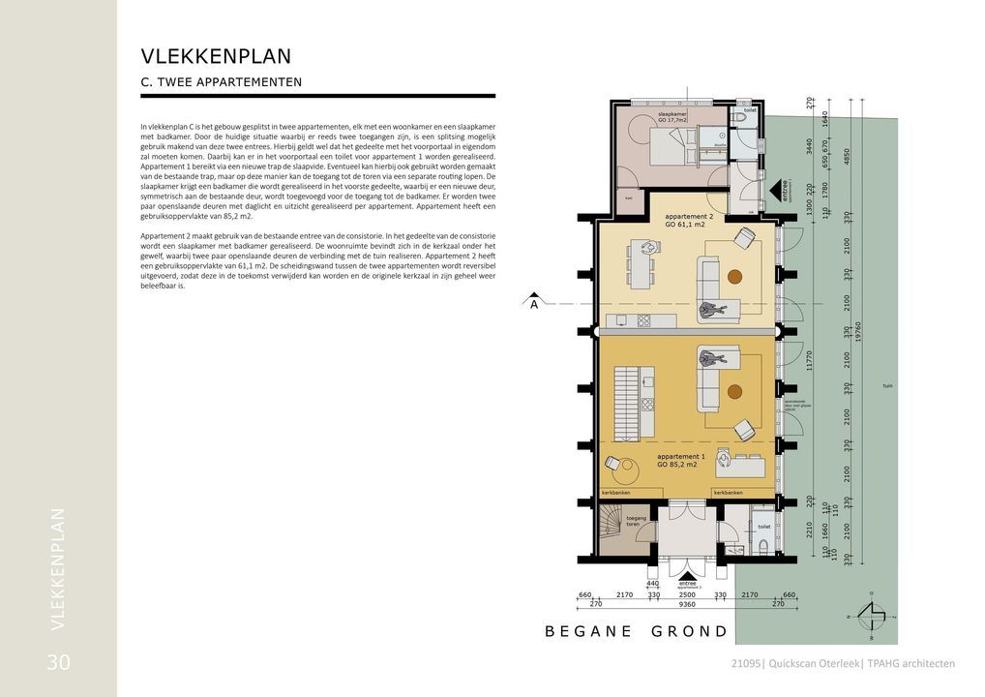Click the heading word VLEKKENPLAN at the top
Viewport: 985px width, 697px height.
pyautogui.click(x=216, y=56)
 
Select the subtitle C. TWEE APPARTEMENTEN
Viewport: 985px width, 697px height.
pyautogui.click(x=222, y=82)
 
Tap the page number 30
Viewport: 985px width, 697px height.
pyautogui.click(x=58, y=663)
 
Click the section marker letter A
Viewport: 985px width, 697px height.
pyautogui.click(x=533, y=304)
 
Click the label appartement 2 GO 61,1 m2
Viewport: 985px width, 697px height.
pyautogui.click(x=689, y=220)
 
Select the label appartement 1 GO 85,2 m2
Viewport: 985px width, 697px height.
pyautogui.click(x=680, y=459)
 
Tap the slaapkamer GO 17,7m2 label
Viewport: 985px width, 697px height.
pyautogui.click(x=672, y=117)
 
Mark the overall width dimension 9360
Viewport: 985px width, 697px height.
pyautogui.click(x=687, y=604)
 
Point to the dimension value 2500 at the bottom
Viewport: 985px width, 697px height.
pyautogui.click(x=687, y=594)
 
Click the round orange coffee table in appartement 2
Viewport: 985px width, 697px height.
pyautogui.click(x=734, y=277)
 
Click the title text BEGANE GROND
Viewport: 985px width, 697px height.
pyautogui.click(x=636, y=631)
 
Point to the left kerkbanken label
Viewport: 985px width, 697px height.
pyautogui.click(x=616, y=493)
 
